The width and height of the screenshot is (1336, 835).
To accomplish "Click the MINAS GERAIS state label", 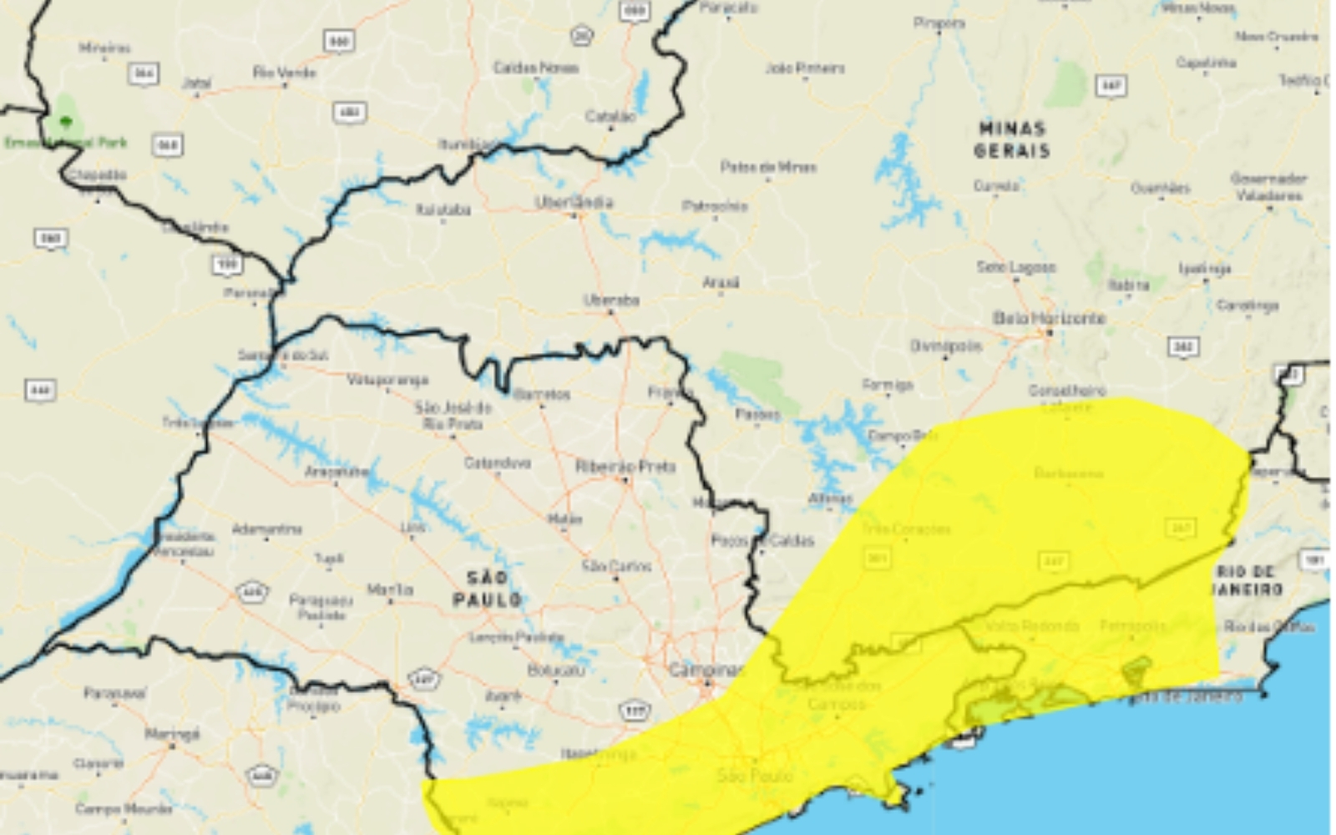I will pyautogui.click(x=1011, y=139).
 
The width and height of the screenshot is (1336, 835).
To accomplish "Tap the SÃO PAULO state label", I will pyautogui.click(x=487, y=589).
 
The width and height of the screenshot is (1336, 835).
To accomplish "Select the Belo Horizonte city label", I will pyautogui.click(x=1049, y=318).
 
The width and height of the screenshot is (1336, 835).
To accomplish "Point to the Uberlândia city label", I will pyautogui.click(x=574, y=203).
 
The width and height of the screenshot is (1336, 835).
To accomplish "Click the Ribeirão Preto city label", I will pyautogui.click(x=625, y=466).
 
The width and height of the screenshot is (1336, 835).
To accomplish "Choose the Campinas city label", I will pyautogui.click(x=706, y=670).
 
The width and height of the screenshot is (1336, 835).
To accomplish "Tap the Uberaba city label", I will pyautogui.click(x=611, y=301).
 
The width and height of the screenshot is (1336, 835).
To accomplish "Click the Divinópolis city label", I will pyautogui.click(x=946, y=346).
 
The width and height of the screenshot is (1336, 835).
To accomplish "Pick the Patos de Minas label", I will pyautogui.click(x=768, y=167).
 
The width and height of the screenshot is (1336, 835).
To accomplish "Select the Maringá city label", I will pyautogui.click(x=172, y=734).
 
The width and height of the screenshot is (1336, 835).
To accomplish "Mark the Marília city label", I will pyautogui.click(x=390, y=590).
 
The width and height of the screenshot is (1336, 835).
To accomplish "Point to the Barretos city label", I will pyautogui.click(x=542, y=394).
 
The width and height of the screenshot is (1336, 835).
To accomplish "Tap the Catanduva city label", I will pyautogui.click(x=497, y=463).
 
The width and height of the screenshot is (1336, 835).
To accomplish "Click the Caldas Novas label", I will pyautogui.click(x=535, y=68).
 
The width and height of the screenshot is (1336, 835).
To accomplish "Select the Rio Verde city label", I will pyautogui.click(x=284, y=73).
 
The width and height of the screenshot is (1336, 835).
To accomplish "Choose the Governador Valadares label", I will pyautogui.click(x=1268, y=187).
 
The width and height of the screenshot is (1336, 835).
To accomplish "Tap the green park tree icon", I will pyautogui.click(x=66, y=122).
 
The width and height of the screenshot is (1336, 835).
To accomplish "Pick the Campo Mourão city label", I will pyautogui.click(x=124, y=808).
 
